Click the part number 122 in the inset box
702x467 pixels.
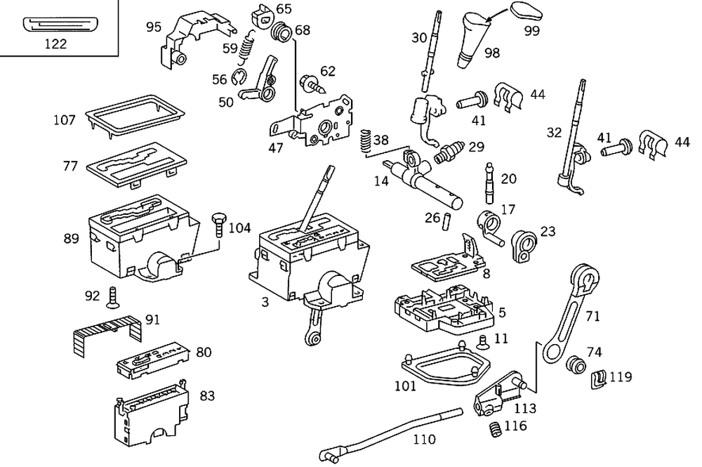(x=55, y=44)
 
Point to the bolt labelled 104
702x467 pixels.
(x=218, y=226)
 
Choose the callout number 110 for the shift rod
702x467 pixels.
(x=424, y=440)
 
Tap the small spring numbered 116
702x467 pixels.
(x=495, y=427)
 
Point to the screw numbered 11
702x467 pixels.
(x=482, y=342)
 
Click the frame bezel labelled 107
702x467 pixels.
(x=133, y=114)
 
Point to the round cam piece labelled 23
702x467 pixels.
(x=524, y=245)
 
